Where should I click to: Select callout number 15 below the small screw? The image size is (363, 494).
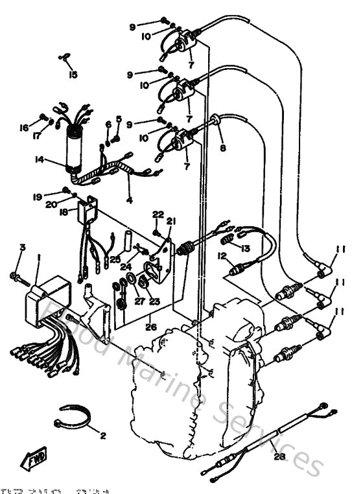[73, 75]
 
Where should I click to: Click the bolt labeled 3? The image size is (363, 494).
[18, 277]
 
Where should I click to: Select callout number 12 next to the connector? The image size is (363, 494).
[221, 256]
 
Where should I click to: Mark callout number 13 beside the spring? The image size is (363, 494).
[244, 248]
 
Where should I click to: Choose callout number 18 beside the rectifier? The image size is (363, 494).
[64, 211]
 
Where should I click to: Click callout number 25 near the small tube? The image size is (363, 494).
[115, 260]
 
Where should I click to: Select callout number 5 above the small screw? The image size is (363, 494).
[119, 119]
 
